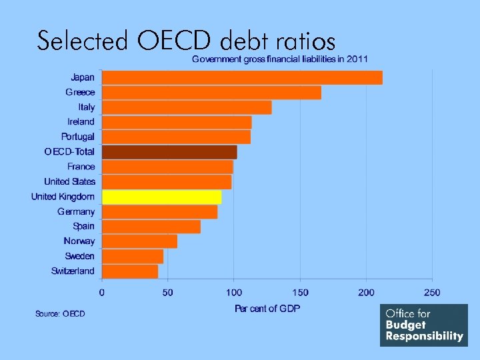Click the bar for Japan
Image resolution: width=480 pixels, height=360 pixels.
tap(242, 77)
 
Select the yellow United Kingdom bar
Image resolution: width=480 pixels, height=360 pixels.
tap(161, 197)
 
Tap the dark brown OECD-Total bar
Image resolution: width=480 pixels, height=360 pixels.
tap(169, 152)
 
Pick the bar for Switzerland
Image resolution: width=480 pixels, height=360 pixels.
tap(130, 271)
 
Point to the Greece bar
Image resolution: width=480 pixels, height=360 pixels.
tap(211, 92)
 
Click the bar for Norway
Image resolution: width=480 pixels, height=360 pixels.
tap(139, 241)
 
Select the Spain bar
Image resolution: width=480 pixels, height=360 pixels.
tap(151, 227)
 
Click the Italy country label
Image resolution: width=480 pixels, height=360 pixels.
tap(87, 107)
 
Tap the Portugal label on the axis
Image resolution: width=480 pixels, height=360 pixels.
tap(78, 137)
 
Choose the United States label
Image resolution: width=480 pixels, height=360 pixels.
tap(70, 181)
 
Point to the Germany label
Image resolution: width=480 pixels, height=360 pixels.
tap(76, 211)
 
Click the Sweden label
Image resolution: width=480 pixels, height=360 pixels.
tap(79, 256)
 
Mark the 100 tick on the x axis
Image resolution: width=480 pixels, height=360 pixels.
tap(234, 292)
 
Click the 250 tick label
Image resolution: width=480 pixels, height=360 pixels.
tap(432, 292)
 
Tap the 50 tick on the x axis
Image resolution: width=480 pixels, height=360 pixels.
tap(168, 292)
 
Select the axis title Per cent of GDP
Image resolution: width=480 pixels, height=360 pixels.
tap(267, 308)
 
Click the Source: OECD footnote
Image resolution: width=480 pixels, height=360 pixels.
tap(60, 313)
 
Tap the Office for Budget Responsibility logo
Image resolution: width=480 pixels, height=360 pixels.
tap(424, 325)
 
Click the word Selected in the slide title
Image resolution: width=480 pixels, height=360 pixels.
tap(83, 41)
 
